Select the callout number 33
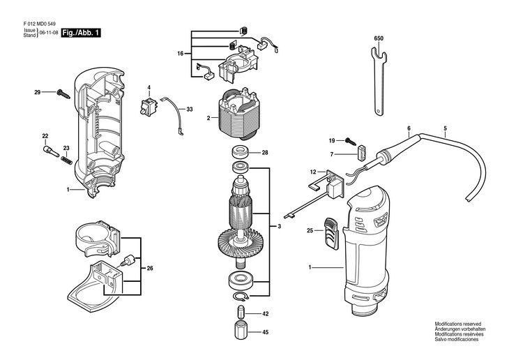pos(189,110)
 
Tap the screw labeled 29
pos(63,93)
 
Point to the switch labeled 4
pos(148,104)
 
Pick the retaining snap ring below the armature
pos(241,296)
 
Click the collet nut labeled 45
pos(241,330)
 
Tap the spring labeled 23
pos(66,159)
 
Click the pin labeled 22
pos(51,151)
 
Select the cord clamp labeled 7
pos(362,153)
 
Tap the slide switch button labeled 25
pos(331,233)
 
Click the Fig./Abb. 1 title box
pos(81,33)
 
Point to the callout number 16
pos(181,54)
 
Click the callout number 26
pos(150,268)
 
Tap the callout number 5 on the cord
pos(445,128)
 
